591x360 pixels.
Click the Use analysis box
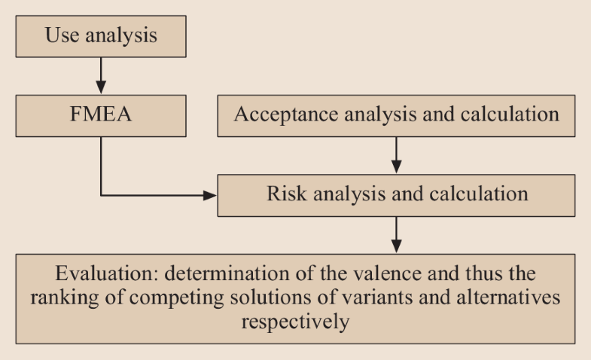(x=101, y=37)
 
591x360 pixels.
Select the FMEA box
(x=101, y=116)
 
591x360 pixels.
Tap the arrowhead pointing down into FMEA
(x=101, y=87)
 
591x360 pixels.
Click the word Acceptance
(x=285, y=114)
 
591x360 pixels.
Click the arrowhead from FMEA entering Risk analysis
(x=210, y=195)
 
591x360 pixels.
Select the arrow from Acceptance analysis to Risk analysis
(x=396, y=155)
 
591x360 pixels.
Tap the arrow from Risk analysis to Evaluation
(x=396, y=235)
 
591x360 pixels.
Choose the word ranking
(x=65, y=297)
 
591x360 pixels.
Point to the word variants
(x=377, y=297)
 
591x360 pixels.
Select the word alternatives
(x=508, y=297)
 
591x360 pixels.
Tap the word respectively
(x=295, y=322)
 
